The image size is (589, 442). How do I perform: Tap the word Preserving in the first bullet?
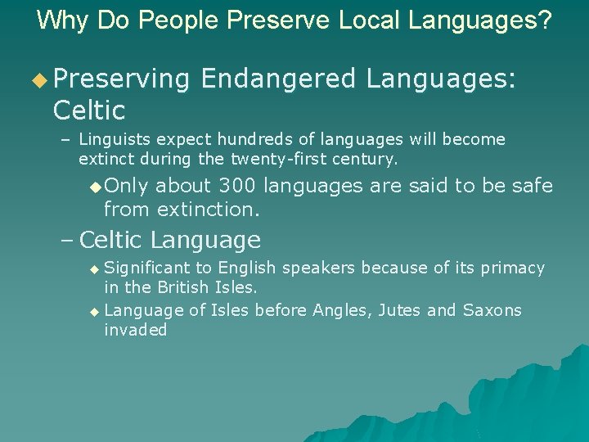122,79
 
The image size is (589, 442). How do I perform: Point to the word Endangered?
278,79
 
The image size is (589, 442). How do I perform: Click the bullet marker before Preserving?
40,79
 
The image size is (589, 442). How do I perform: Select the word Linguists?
114,140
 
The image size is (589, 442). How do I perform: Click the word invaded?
136,330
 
